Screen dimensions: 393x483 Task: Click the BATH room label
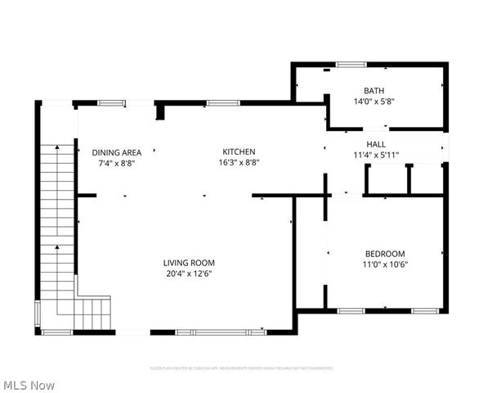[x=374, y=91]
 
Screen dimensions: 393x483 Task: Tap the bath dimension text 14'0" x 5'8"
[x=374, y=102]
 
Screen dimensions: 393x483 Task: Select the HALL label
[x=375, y=143]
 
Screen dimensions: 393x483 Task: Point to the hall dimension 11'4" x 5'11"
[x=375, y=154]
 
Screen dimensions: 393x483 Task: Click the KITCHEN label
[x=239, y=151]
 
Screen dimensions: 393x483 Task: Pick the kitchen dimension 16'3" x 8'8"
[x=239, y=162]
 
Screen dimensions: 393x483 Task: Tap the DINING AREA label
[x=116, y=152]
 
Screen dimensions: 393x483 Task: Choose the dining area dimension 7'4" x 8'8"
[x=116, y=163]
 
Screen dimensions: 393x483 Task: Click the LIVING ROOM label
[x=190, y=263]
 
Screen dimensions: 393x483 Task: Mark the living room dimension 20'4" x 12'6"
[x=190, y=274]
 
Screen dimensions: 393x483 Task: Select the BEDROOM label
[x=384, y=254]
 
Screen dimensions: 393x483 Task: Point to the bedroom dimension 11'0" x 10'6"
[x=384, y=264]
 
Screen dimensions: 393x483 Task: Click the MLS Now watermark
[x=29, y=385]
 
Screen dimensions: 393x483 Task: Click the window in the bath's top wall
[x=351, y=64]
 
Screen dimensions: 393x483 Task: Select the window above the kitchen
[x=217, y=103]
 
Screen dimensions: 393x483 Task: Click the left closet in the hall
[x=385, y=179]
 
